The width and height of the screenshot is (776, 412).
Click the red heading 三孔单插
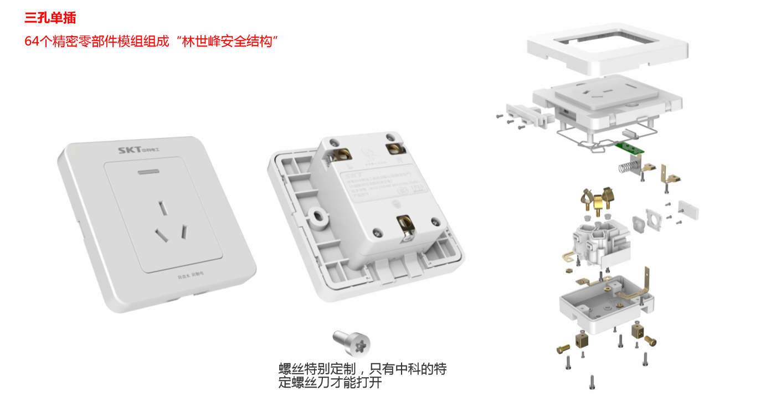coord(50,18)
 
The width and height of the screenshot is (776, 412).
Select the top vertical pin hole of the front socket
coord(162,208)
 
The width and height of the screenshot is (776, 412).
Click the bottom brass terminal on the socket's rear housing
coord(405,226)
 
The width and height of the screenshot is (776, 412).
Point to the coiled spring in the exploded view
coord(625,167)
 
